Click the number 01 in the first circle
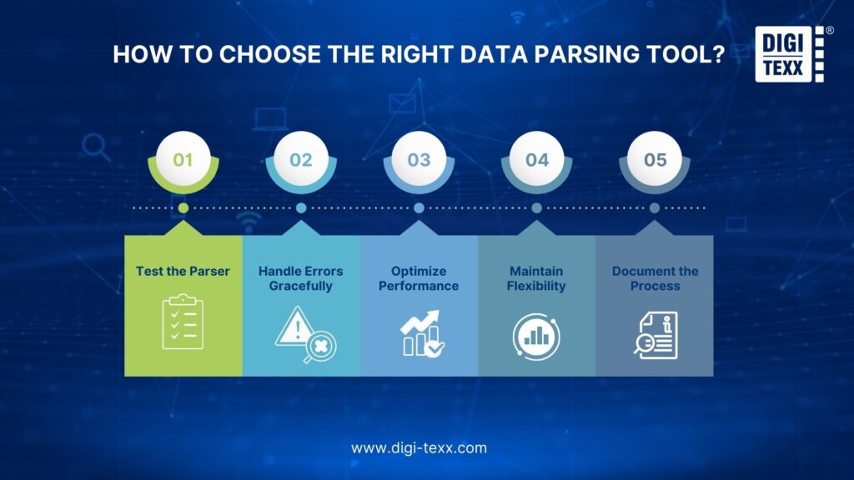(x=183, y=160)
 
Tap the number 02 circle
(x=301, y=159)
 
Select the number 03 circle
(x=419, y=159)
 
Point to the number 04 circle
(x=537, y=159)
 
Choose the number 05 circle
(x=655, y=159)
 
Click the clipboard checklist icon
(x=183, y=322)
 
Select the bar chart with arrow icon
(x=422, y=333)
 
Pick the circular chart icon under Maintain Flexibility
(x=536, y=337)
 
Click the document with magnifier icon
(x=656, y=335)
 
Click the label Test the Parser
(x=183, y=271)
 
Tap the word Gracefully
(x=300, y=287)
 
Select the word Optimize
(x=419, y=271)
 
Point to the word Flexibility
(x=536, y=287)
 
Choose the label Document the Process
(x=656, y=278)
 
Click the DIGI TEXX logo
(x=790, y=54)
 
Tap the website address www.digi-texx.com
(x=419, y=447)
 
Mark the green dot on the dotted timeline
(x=183, y=207)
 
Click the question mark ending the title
(x=718, y=54)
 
